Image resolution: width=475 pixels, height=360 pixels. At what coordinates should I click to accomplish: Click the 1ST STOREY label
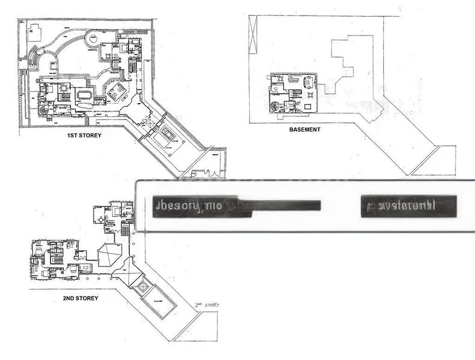pos(84,136)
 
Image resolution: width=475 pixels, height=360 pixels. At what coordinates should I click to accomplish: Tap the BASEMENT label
pos(304,129)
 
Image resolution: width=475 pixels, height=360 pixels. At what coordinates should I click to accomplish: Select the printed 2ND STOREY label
pos(80,298)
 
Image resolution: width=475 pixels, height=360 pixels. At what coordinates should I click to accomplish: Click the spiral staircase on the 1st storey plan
pos(44,110)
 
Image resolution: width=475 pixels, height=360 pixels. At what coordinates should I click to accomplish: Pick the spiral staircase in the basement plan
pos(274,107)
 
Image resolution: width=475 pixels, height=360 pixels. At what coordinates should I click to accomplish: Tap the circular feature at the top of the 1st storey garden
pos(94,40)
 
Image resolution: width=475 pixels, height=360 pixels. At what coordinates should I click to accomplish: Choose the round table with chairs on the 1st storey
pos(63,89)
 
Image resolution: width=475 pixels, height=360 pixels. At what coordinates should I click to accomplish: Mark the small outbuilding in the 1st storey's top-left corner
pos(34,31)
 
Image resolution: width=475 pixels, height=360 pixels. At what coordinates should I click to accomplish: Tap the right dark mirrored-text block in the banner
pos(408,206)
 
